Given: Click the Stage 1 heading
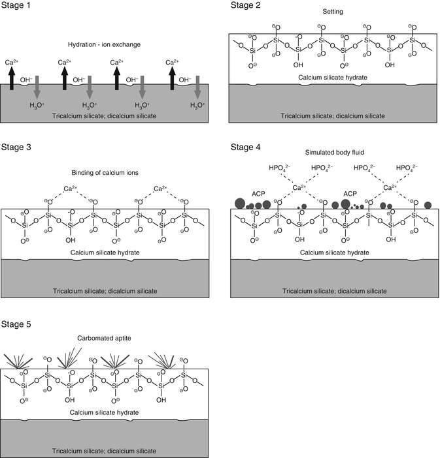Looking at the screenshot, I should click(x=18, y=7).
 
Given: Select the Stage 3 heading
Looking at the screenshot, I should click(x=18, y=147).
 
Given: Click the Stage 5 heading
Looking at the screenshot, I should click(x=18, y=324).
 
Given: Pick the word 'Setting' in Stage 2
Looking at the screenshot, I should click(x=334, y=12).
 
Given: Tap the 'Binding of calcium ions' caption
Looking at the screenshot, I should click(x=105, y=173).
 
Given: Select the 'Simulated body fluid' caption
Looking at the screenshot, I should click(x=335, y=152).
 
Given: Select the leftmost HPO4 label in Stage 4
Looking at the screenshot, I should click(x=279, y=168).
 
